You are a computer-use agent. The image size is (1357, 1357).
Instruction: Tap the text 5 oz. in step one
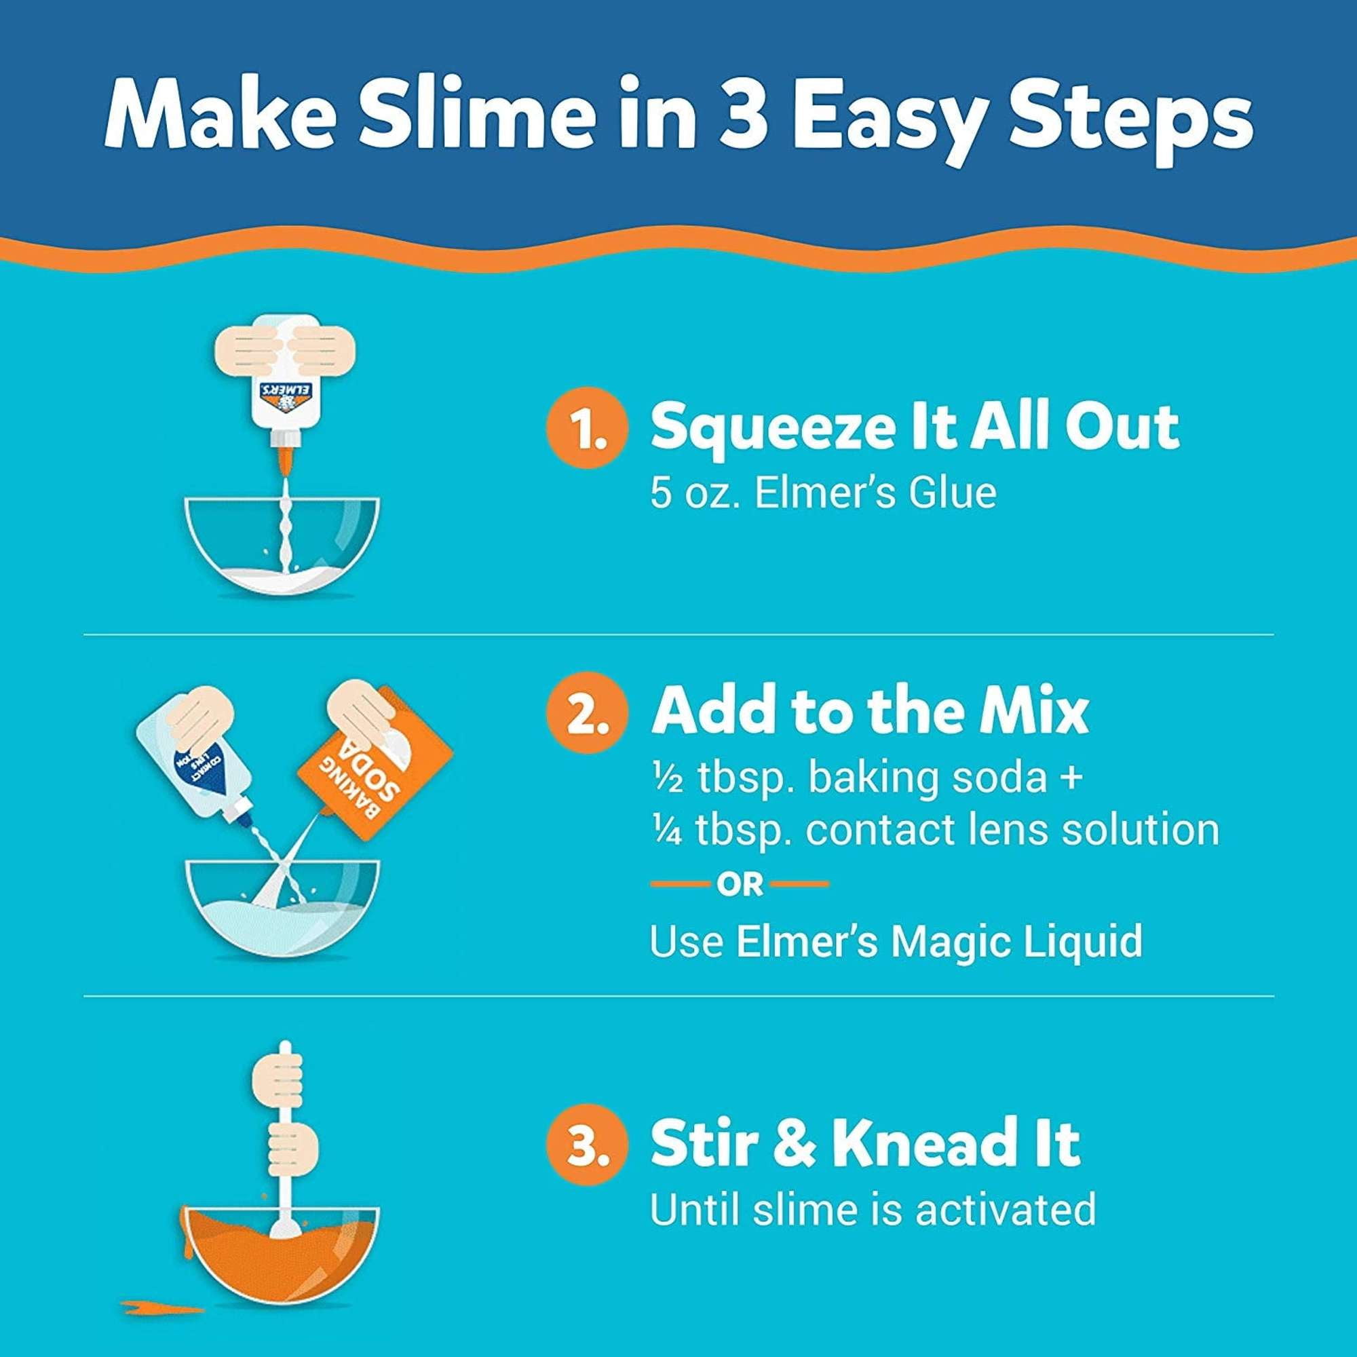pyautogui.click(x=695, y=492)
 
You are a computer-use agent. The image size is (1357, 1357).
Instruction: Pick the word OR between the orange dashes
pyautogui.click(x=740, y=885)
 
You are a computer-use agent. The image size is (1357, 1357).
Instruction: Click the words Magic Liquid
pyautogui.click(x=1016, y=941)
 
